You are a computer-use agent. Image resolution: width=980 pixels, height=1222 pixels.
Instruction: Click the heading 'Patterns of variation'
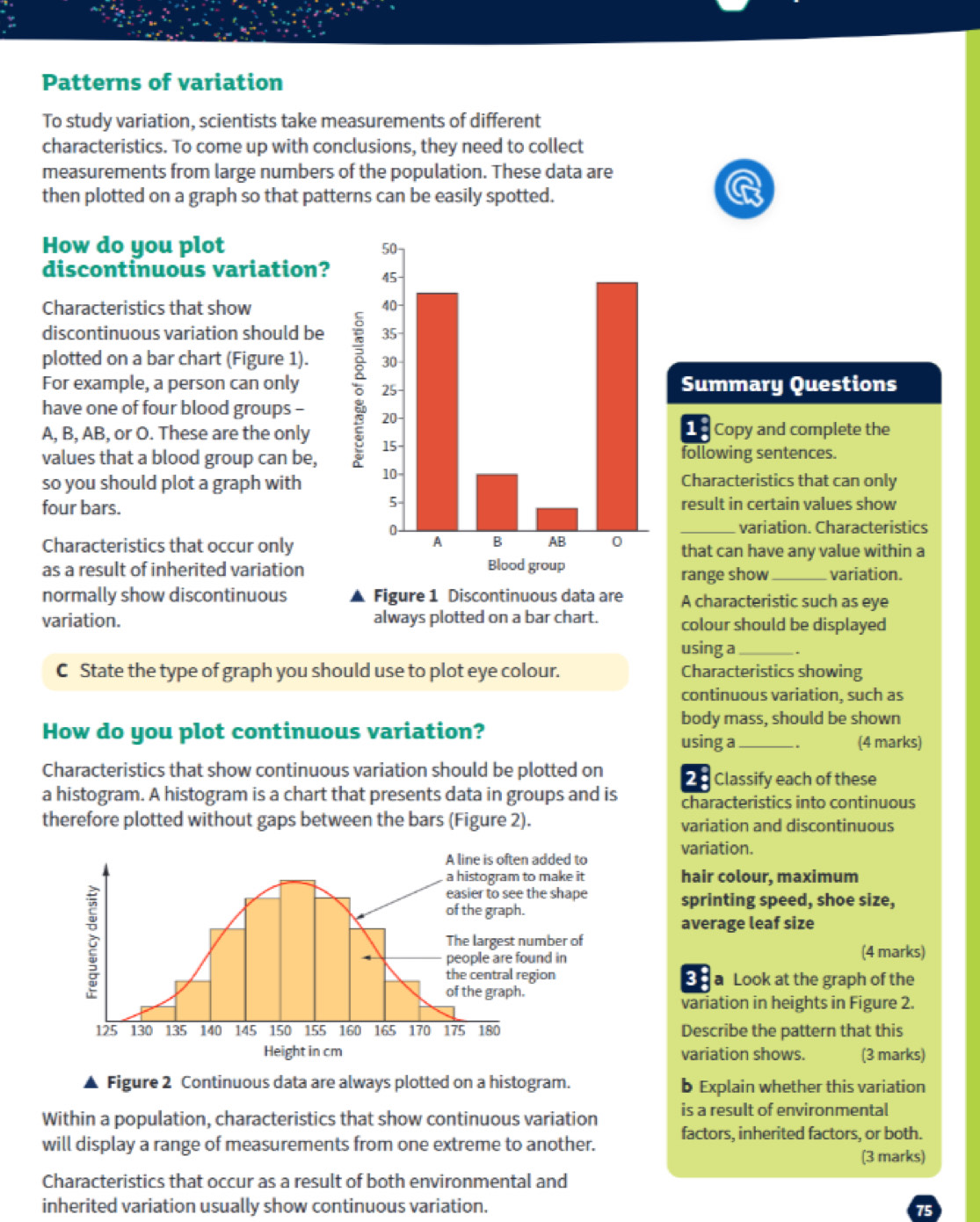pyautogui.click(x=163, y=83)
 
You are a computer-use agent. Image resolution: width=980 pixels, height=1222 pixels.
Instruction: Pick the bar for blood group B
pyautogui.click(x=497, y=502)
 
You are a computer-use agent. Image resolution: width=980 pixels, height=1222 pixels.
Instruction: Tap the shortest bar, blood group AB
pyautogui.click(x=556, y=519)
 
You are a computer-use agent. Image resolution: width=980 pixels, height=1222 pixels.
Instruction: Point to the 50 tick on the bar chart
pyautogui.click(x=390, y=250)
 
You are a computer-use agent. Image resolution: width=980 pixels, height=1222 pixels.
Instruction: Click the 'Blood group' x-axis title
pyautogui.click(x=526, y=565)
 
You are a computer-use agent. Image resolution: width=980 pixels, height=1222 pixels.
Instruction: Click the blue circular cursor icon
pyautogui.click(x=744, y=189)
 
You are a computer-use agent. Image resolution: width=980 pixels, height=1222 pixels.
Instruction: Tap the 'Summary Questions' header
pyautogui.click(x=788, y=384)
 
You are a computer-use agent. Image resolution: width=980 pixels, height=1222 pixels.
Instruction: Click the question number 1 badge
pyautogui.click(x=692, y=429)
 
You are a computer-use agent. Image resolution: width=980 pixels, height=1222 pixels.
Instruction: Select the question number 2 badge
pyautogui.click(x=692, y=779)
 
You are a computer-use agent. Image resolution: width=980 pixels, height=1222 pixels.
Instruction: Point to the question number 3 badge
pyautogui.click(x=692, y=978)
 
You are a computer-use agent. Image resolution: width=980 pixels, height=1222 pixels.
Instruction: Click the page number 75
pyautogui.click(x=924, y=1210)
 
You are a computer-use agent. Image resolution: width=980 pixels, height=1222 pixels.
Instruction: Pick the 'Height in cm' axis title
pyautogui.click(x=302, y=1051)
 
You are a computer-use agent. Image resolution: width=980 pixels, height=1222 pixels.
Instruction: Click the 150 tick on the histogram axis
pyautogui.click(x=280, y=1030)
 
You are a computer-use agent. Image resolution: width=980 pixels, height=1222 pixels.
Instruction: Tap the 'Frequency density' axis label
pyautogui.click(x=91, y=942)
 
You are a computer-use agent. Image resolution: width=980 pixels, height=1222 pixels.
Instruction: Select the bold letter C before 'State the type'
pyautogui.click(x=62, y=671)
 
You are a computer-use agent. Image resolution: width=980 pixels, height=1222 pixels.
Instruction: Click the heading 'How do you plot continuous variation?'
pyautogui.click(x=263, y=731)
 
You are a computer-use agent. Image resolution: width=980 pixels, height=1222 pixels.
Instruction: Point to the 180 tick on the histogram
pyautogui.click(x=488, y=1030)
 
